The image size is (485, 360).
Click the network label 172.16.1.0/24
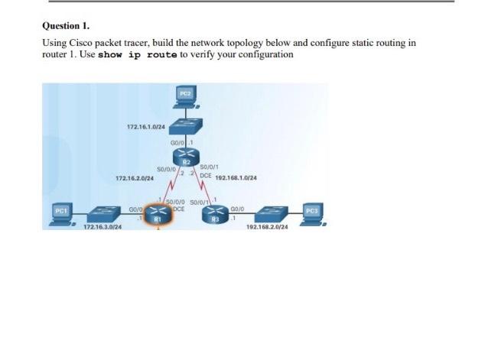point(145,127)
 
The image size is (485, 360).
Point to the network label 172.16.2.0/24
point(134,178)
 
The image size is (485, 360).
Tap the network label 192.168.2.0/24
point(267,228)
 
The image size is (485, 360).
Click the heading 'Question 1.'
point(66,25)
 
